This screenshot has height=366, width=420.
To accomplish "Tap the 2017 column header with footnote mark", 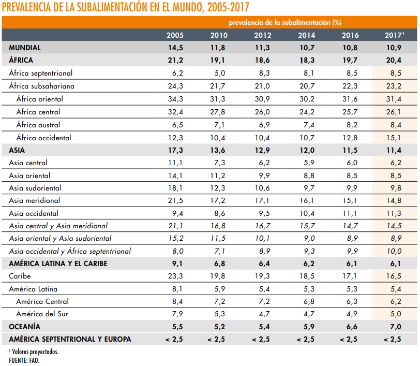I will (394, 35).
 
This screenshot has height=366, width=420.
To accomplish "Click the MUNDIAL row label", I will (25, 48).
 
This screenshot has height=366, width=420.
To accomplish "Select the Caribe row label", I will (20, 276).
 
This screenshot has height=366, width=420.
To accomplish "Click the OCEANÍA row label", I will (24, 327).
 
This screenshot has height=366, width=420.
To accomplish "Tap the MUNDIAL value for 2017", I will (394, 48).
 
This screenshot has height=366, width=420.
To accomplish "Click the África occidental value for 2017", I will (394, 138).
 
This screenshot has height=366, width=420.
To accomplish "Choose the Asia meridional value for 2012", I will (262, 200).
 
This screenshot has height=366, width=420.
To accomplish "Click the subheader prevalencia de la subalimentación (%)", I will (284, 22).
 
